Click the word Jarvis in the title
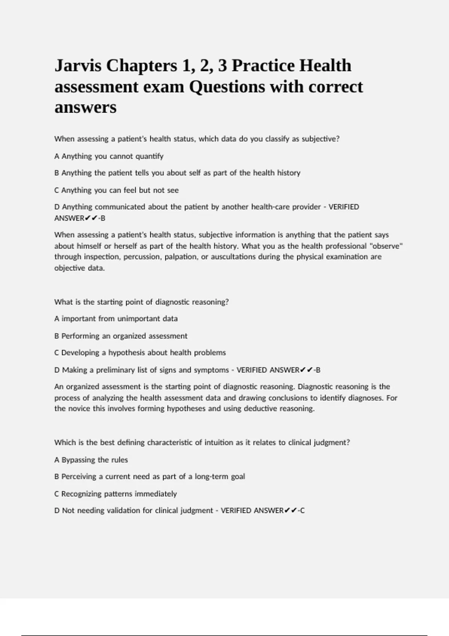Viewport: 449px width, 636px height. pyautogui.click(x=78, y=66)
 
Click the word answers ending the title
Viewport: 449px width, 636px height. pyautogui.click(x=85, y=107)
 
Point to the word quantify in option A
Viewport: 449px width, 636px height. pyautogui.click(x=149, y=156)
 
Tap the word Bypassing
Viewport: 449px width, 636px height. pyautogui.click(x=78, y=460)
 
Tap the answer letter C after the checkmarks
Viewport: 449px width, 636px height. pyautogui.click(x=302, y=511)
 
